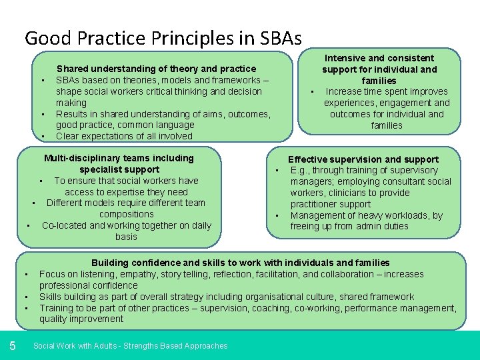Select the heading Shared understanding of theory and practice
156,69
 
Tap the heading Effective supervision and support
363,159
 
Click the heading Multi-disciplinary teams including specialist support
119,163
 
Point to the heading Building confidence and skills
240,263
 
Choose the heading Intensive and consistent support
378,69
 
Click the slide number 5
13,345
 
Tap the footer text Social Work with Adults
130,346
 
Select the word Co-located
64,225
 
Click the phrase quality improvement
81,319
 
